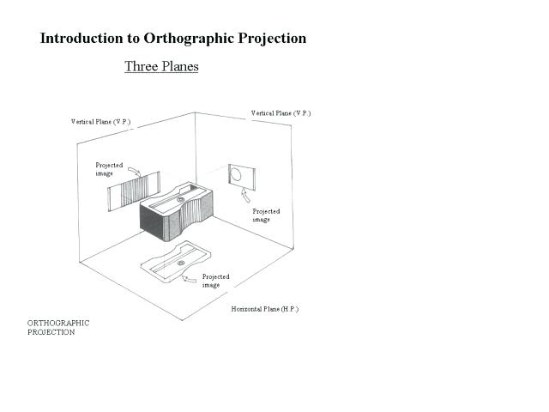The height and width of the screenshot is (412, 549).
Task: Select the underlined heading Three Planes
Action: (161, 66)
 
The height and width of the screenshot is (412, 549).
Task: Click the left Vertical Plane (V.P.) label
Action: (100, 122)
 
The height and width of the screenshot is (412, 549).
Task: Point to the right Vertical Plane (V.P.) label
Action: (281, 113)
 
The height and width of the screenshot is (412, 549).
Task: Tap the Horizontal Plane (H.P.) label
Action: (264, 309)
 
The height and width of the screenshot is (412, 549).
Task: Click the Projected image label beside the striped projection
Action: (109, 169)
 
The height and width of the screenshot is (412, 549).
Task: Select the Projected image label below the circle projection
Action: (266, 215)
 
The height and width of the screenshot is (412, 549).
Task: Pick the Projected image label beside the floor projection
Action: (215, 281)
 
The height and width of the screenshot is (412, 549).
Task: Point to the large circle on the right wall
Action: (235, 175)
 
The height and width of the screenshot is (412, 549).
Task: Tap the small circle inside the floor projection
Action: (181, 261)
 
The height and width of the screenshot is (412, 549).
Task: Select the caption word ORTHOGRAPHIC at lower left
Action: (58, 324)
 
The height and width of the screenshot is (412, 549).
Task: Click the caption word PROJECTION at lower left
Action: (51, 332)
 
